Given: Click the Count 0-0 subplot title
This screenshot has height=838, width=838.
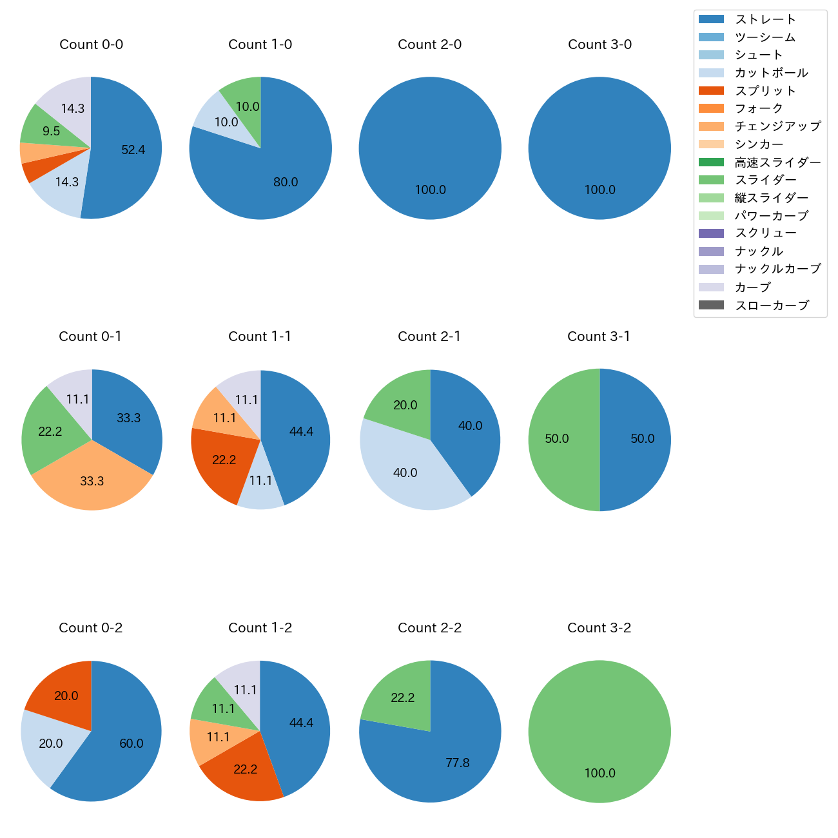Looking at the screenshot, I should point(91,44).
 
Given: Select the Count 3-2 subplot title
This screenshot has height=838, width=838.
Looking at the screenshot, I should point(599,628).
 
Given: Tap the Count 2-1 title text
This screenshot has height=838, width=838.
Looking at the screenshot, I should point(429,336).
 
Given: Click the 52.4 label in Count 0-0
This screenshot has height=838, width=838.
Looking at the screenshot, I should point(133,150).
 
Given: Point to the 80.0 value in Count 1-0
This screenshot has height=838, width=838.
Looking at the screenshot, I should point(286,182).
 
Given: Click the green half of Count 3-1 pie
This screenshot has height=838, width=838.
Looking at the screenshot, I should point(561,440).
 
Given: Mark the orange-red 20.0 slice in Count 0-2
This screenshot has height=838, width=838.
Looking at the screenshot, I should point(61,693).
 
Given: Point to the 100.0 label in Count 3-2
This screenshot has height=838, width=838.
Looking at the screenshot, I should point(599,774).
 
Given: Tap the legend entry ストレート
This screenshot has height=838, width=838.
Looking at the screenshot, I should point(765,19).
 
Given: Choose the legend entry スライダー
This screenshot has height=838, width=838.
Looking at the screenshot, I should point(765,180).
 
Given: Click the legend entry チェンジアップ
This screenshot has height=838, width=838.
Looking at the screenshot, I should point(777,126).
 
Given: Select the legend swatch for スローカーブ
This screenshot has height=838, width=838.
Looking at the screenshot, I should point(711,305).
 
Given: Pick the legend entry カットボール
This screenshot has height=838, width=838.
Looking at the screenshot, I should point(771,73).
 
